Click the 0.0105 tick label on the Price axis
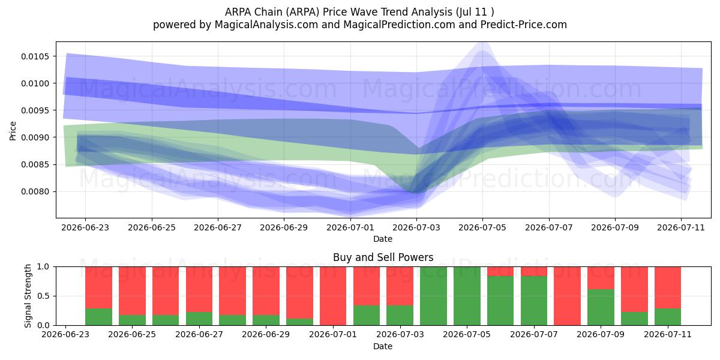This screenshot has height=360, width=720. click(35, 56)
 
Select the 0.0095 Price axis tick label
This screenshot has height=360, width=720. click(35, 110)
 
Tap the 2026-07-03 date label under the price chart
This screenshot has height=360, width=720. click(416, 227)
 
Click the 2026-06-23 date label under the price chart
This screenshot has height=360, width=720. click(85, 227)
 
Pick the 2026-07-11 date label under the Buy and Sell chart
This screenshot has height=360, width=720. click(668, 334)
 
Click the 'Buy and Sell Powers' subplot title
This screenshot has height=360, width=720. click(383, 257)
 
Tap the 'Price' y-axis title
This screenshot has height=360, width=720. click(13, 131)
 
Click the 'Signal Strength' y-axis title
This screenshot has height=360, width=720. click(28, 296)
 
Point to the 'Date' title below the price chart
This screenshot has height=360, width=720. click(383, 239)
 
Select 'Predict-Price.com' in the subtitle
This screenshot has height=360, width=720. click(524, 25)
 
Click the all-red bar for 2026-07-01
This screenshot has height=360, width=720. click(332, 296)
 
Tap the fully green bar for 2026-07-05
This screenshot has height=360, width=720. click(467, 296)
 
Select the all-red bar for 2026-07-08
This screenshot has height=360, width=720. click(568, 296)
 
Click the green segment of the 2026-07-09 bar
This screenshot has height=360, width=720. click(601, 307)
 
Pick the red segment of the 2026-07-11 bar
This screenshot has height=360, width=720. click(668, 287)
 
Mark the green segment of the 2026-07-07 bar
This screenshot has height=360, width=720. click(534, 301)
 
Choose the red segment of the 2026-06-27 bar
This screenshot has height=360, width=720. click(199, 289)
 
